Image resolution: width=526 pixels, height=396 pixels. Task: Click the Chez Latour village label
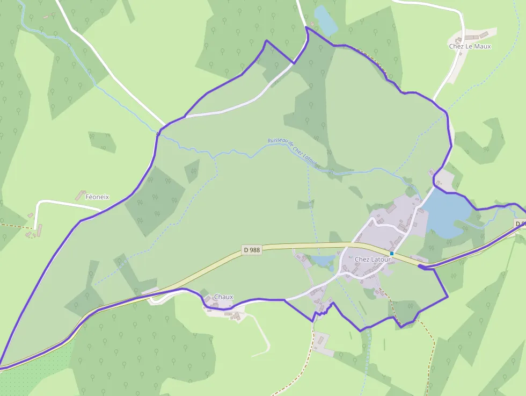click(x=372, y=260)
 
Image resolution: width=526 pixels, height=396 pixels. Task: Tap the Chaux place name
click(x=223, y=297)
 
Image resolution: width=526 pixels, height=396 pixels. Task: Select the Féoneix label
click(x=97, y=197)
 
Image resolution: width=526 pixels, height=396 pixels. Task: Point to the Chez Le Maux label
click(x=470, y=46)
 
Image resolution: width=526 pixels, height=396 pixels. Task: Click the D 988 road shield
click(x=251, y=250)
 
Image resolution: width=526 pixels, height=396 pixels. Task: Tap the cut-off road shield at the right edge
click(x=520, y=224)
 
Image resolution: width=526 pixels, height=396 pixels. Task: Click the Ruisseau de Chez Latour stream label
click(x=293, y=151)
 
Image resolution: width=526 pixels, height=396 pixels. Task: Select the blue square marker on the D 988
click(x=392, y=254)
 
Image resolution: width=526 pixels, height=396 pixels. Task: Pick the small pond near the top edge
click(x=325, y=20)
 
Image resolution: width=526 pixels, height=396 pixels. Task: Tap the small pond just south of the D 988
click(x=323, y=261)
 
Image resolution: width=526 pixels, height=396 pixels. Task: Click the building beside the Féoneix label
click(x=82, y=195)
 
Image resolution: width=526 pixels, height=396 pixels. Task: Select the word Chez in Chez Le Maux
click(x=456, y=46)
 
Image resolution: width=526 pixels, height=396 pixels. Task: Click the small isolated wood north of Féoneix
click(x=102, y=141)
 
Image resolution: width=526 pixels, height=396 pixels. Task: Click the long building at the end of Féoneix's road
click(x=36, y=229)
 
